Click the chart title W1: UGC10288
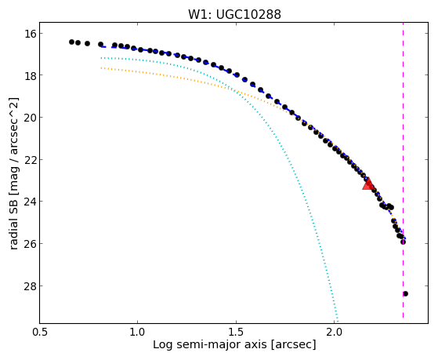click(234, 15)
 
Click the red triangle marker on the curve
click(367, 184)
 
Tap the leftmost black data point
click(71, 42)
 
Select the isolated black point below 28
click(406, 293)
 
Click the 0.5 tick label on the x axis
click(39, 332)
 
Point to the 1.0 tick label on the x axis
click(137, 332)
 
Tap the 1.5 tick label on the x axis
click(236, 332)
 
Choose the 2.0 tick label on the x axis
click(335, 332)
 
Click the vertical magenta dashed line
click(403, 170)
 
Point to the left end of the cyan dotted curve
click(101, 58)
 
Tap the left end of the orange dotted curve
click(101, 67)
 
